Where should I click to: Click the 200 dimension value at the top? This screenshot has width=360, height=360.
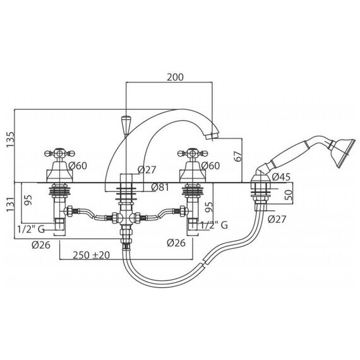pyautogui.click(x=175, y=78)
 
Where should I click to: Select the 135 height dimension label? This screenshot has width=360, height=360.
pyautogui.click(x=11, y=140)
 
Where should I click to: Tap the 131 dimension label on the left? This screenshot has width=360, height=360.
pyautogui.click(x=11, y=205)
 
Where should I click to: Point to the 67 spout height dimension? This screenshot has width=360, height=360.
pyautogui.click(x=238, y=157)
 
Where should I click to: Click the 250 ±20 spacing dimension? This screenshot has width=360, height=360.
pyautogui.click(x=91, y=255)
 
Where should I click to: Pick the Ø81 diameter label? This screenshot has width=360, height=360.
pyautogui.click(x=160, y=188)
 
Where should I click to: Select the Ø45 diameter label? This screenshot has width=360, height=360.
pyautogui.click(x=281, y=177)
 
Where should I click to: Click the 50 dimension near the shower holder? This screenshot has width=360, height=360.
pyautogui.click(x=289, y=195)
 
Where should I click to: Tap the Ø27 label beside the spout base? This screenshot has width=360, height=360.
pyautogui.click(x=147, y=170)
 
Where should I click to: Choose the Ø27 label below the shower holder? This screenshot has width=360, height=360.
pyautogui.click(x=277, y=219)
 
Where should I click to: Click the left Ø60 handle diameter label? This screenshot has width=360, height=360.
pyautogui.click(x=78, y=165)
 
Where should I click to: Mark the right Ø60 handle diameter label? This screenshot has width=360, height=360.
pyautogui.click(x=210, y=165)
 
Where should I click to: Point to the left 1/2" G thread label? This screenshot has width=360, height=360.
pyautogui.click(x=31, y=229)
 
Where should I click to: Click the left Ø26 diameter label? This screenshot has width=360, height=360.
pyautogui.click(x=41, y=245)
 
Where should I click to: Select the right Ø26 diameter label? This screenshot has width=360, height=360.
pyautogui.click(x=176, y=243)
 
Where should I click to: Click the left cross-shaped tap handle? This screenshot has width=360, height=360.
pyautogui.click(x=60, y=153)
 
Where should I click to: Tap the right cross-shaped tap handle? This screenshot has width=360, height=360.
pyautogui.click(x=193, y=153)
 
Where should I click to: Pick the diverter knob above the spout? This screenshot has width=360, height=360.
pyautogui.click(x=125, y=126)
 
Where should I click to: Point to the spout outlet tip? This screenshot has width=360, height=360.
pyautogui.click(x=212, y=136)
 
